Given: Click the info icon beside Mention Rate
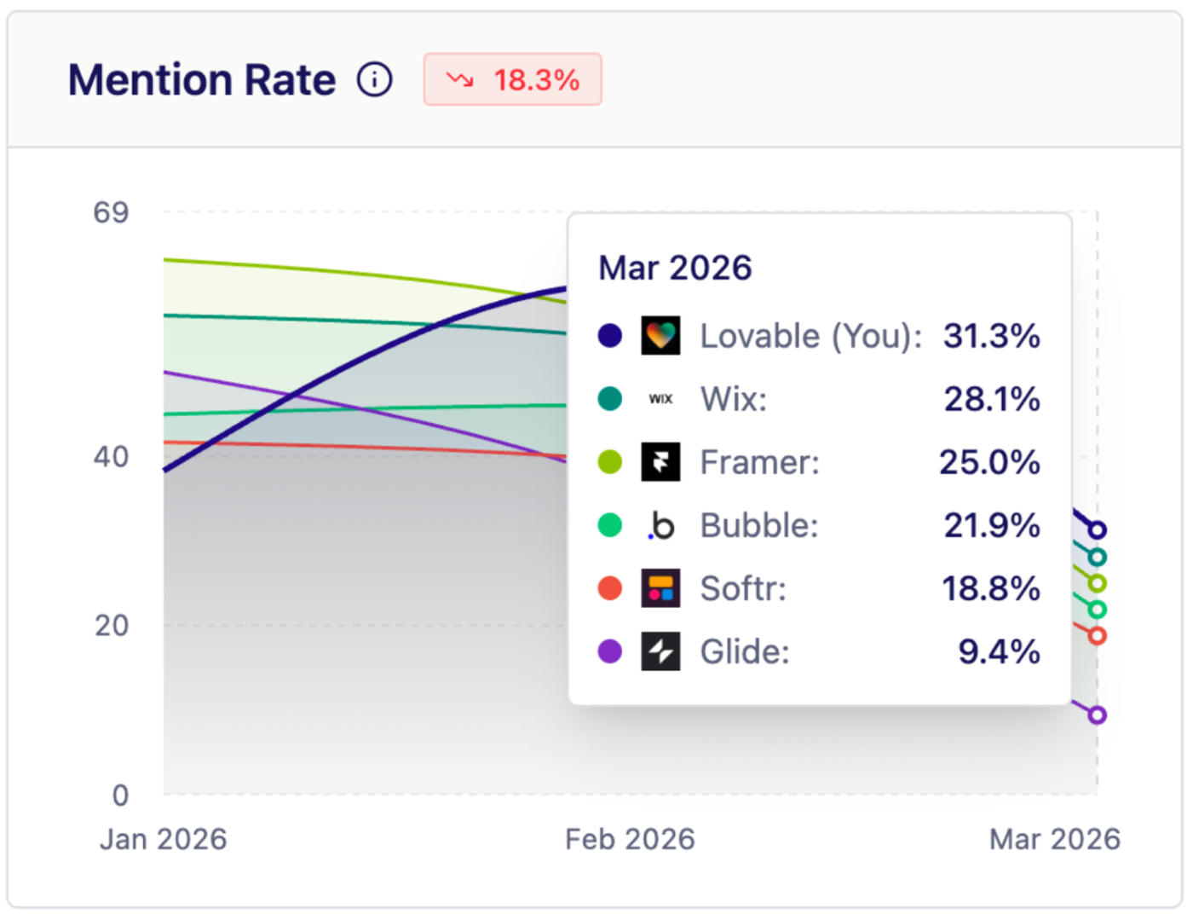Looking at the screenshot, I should (374, 80).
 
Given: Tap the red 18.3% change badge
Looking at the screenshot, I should (512, 80).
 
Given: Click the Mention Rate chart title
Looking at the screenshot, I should (202, 80).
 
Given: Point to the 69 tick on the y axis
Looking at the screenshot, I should (111, 212).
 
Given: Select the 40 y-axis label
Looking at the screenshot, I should (111, 457).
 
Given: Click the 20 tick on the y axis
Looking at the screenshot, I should (112, 626).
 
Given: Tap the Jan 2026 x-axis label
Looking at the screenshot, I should (164, 839).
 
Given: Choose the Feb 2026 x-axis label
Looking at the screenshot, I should (630, 839).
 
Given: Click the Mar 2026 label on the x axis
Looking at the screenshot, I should (1054, 839).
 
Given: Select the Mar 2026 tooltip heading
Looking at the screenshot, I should (675, 268).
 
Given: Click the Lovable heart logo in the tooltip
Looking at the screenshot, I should (660, 336).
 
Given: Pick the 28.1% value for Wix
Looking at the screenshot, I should (992, 399).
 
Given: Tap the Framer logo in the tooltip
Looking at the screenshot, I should (660, 462).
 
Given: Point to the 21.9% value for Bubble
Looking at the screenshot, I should (992, 525).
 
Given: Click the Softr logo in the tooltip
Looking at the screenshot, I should (660, 588).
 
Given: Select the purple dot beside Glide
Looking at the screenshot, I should (610, 651).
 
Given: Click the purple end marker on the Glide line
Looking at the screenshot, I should (1098, 714).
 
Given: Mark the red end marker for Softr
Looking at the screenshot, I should (1098, 635).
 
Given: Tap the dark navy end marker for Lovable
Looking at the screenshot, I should (1098, 530).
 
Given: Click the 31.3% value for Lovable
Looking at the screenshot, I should (991, 336).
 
